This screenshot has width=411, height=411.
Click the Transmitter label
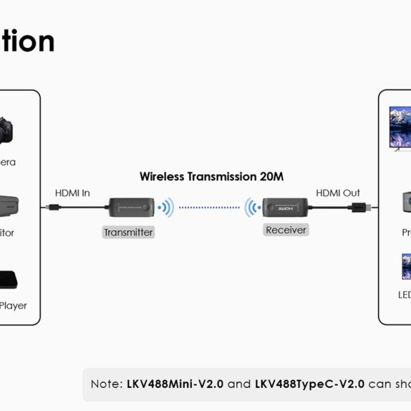tap(128, 232)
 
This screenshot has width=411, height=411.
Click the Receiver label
tap(286, 230)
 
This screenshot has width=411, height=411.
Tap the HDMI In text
tap(72, 193)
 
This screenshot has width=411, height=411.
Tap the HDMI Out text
tap(338, 193)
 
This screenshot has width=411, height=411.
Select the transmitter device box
tap(131, 208)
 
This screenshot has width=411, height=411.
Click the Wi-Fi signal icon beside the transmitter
tap(166, 208)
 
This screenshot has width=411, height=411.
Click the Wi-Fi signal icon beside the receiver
tap(252, 208)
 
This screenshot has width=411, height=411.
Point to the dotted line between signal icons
tap(209, 208)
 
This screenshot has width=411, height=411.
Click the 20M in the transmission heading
tap(271, 177)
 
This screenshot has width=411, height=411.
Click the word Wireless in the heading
tap(161, 177)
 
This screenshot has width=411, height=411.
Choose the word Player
tap(13, 306)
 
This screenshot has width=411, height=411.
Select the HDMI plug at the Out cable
tap(358, 208)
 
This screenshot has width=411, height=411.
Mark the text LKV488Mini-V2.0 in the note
tap(175, 384)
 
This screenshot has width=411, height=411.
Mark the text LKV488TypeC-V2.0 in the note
tap(310, 384)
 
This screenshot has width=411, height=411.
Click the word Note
tap(105, 384)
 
